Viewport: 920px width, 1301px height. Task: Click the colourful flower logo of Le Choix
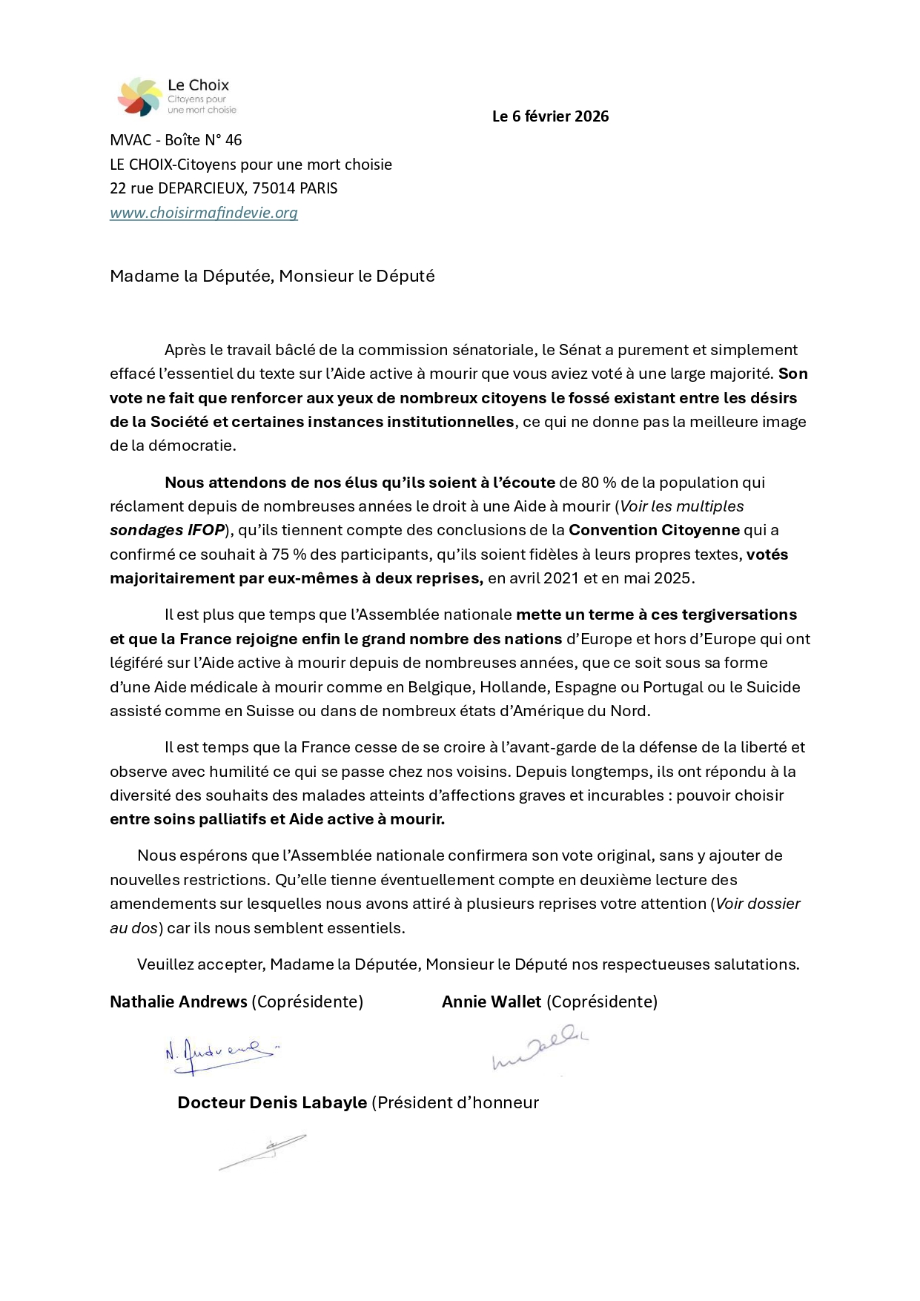pyautogui.click(x=139, y=96)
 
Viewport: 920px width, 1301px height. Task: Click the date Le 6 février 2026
pyautogui.click(x=550, y=116)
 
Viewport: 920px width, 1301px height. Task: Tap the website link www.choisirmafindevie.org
pyautogui.click(x=204, y=213)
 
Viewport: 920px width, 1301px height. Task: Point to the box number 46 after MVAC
pyautogui.click(x=234, y=140)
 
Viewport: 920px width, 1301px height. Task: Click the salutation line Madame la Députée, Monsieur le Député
pyautogui.click(x=272, y=277)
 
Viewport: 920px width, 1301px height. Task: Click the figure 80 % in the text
pyautogui.click(x=599, y=483)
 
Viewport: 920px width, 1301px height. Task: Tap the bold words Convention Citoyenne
pyautogui.click(x=654, y=530)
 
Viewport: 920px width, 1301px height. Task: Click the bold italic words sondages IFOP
pyautogui.click(x=167, y=530)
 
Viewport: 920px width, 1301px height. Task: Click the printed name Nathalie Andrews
pyautogui.click(x=179, y=1002)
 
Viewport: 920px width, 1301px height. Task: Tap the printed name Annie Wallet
pyautogui.click(x=492, y=1002)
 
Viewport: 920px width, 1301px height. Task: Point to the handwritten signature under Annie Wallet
pyautogui.click(x=540, y=1048)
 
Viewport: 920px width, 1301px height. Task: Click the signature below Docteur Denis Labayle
pyautogui.click(x=263, y=1152)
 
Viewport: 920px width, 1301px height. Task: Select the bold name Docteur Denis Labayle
pyautogui.click(x=272, y=1103)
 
